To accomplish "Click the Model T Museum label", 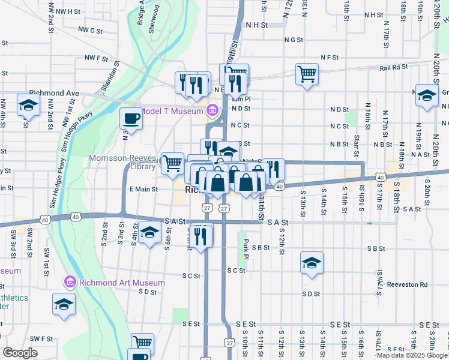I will click(x=172, y=111).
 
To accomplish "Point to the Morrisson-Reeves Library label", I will click(x=122, y=163).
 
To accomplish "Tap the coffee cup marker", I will click(x=131, y=118).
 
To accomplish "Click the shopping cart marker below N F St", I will click(x=307, y=74).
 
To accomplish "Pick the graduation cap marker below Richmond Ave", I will click(x=28, y=105).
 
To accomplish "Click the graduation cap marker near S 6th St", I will click(x=149, y=232).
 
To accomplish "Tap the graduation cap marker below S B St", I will click(x=311, y=262).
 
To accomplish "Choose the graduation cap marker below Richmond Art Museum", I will click(x=63, y=304).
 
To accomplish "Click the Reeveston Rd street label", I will click(x=407, y=284).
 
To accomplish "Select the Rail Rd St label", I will click(x=393, y=68).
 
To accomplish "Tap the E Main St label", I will click(x=143, y=189).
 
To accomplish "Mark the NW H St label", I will click(x=66, y=11).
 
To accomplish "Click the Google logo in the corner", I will click(x=20, y=353).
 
